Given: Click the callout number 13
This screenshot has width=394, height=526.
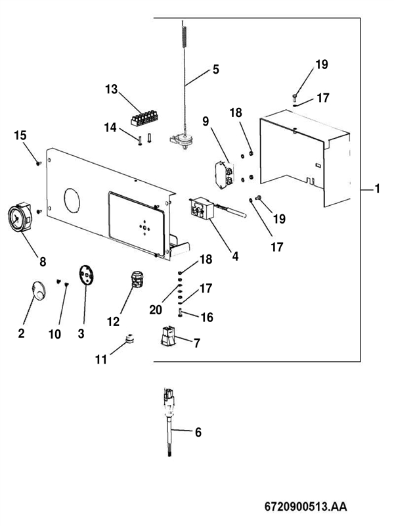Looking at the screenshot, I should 112,89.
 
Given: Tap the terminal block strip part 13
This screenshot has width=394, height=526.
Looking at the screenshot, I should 144,118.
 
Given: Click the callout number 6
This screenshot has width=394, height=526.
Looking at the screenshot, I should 198,432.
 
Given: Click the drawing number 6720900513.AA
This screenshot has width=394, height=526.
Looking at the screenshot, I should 305,507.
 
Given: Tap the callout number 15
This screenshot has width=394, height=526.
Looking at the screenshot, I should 20,135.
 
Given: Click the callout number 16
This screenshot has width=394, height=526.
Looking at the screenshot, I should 207,318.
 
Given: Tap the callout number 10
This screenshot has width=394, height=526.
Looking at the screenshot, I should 55,334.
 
